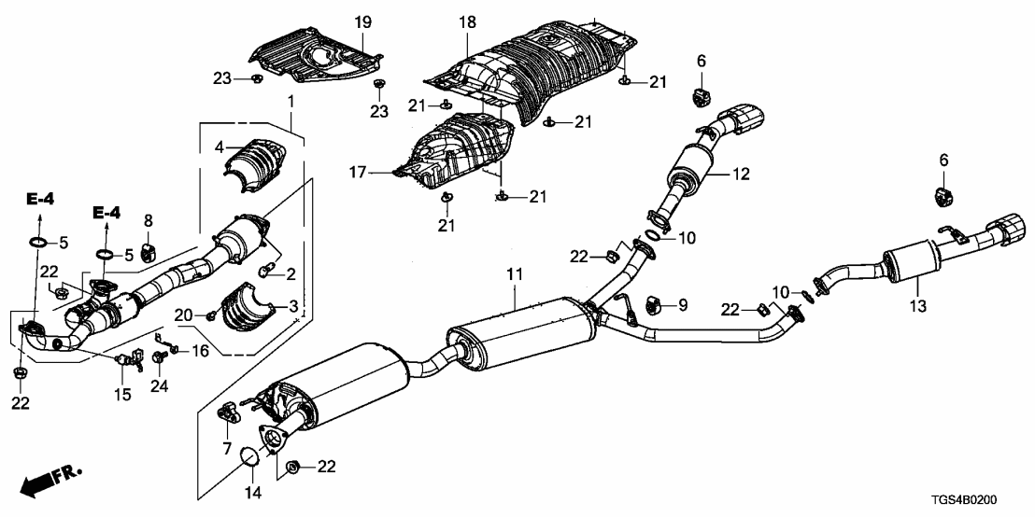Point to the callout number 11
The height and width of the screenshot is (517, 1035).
[x=512, y=275]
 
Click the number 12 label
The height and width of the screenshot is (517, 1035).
[x=740, y=173]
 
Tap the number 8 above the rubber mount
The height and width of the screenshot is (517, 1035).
[x=148, y=220]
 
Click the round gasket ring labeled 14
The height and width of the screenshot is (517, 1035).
[x=249, y=457]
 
